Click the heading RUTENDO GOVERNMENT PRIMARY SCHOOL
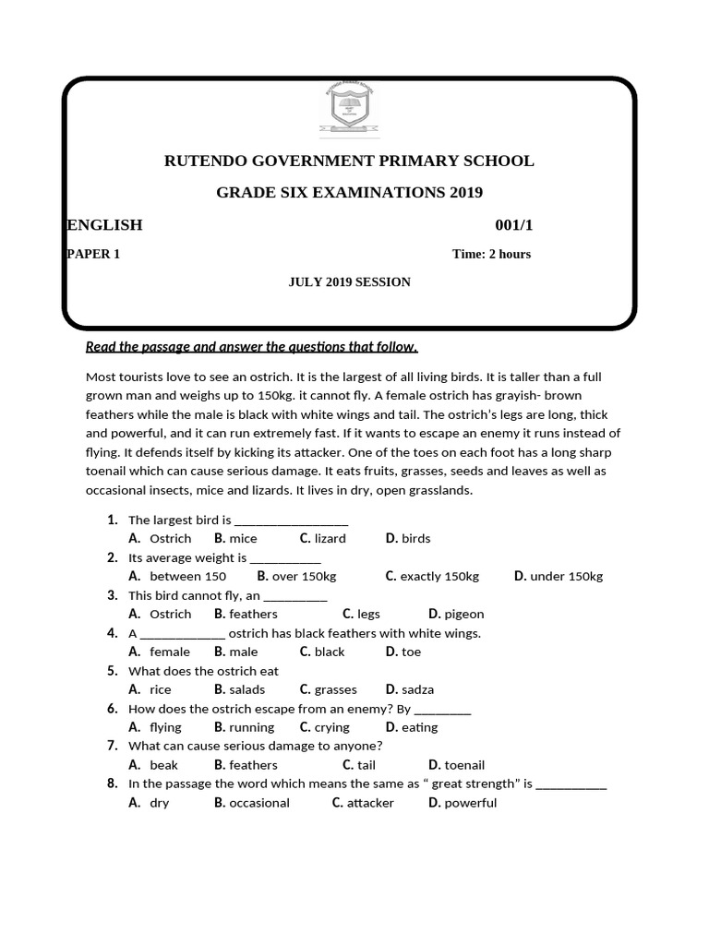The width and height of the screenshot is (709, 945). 349,161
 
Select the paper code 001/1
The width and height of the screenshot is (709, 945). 514,225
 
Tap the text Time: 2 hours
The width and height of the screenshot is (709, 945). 491,254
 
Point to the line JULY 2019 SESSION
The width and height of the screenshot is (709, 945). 349,281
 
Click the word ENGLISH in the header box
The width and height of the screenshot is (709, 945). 104,225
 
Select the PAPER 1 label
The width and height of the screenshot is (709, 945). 93,254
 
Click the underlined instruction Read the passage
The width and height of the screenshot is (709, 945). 251,347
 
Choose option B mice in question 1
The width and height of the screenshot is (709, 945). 235,538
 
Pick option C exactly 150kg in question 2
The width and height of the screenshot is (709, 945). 432,576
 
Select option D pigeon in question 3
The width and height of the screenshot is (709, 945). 456,614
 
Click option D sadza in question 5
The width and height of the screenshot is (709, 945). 410,689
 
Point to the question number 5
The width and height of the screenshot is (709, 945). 112,671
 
